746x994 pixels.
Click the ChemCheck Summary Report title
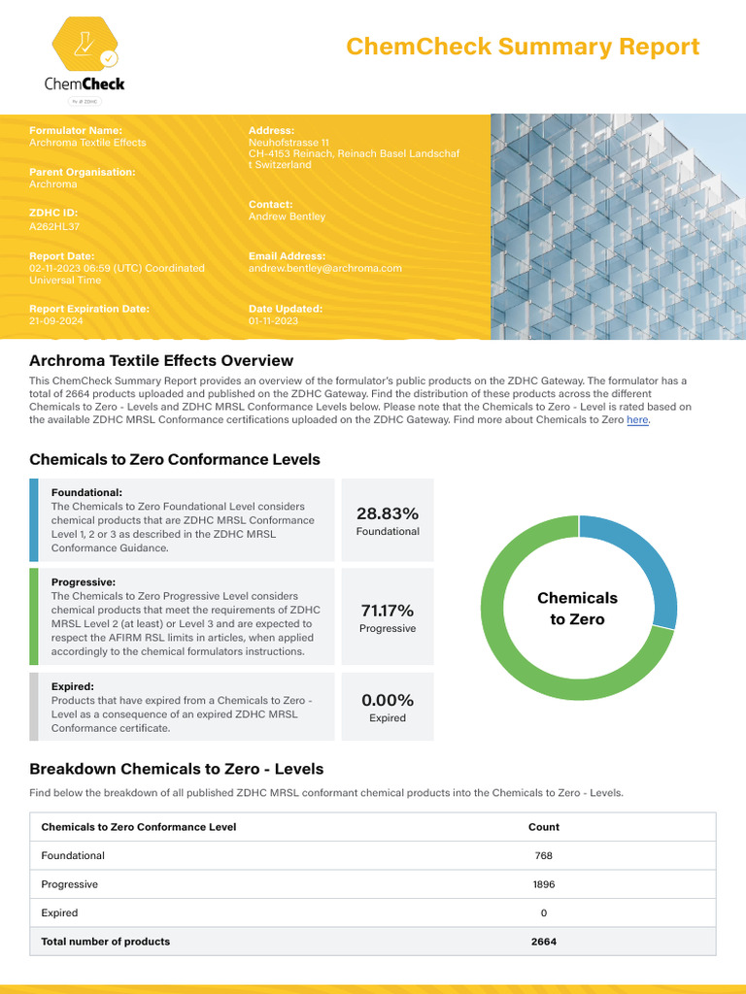click(523, 47)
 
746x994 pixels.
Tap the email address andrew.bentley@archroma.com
click(324, 268)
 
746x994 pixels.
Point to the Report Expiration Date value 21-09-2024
click(55, 320)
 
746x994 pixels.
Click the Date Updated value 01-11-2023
click(273, 320)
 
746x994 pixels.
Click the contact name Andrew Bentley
click(287, 216)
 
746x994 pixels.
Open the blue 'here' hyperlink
click(637, 420)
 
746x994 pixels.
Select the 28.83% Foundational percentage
click(388, 514)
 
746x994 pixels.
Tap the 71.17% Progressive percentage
click(388, 611)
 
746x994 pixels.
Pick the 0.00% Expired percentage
click(388, 700)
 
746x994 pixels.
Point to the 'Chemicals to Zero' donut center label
click(578, 609)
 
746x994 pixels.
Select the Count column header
click(544, 827)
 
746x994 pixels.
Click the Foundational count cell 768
click(544, 856)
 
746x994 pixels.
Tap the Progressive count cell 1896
click(544, 884)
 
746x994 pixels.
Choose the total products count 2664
click(544, 942)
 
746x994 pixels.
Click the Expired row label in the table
click(59, 913)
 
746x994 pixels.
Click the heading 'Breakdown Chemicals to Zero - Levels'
click(177, 769)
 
